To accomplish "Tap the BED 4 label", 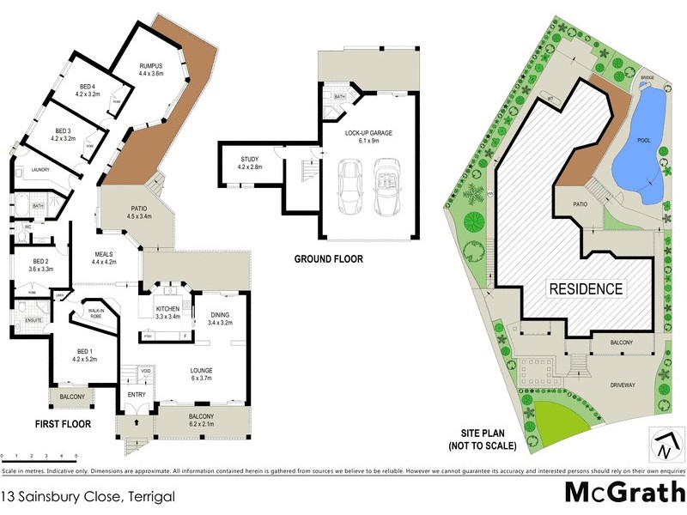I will click(x=88, y=87).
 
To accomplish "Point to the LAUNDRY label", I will click(x=40, y=169).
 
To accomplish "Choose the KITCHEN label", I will click(x=167, y=307).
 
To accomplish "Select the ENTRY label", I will click(x=137, y=394).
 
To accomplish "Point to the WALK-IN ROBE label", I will click(x=92, y=312).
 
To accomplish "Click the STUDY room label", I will click(x=250, y=160).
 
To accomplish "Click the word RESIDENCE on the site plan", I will click(x=586, y=288).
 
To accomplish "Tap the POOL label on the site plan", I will click(x=642, y=142).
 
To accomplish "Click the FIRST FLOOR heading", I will click(x=64, y=423).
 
